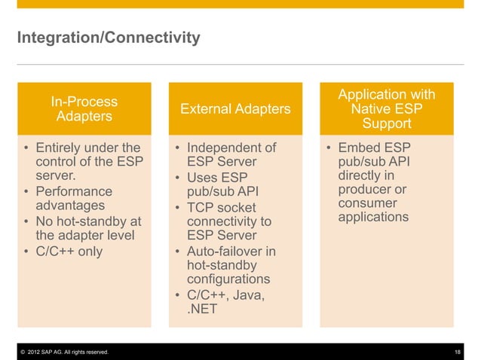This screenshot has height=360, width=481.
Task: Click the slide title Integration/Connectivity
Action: click(109, 37)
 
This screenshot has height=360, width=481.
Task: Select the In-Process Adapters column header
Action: click(84, 109)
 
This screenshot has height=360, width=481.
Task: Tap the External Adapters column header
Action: click(235, 110)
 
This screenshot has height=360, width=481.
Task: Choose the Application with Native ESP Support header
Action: click(387, 109)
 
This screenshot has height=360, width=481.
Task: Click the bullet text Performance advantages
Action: click(74, 199)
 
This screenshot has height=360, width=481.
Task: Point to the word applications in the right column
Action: click(374, 218)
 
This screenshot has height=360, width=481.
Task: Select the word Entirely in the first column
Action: click(61, 147)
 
